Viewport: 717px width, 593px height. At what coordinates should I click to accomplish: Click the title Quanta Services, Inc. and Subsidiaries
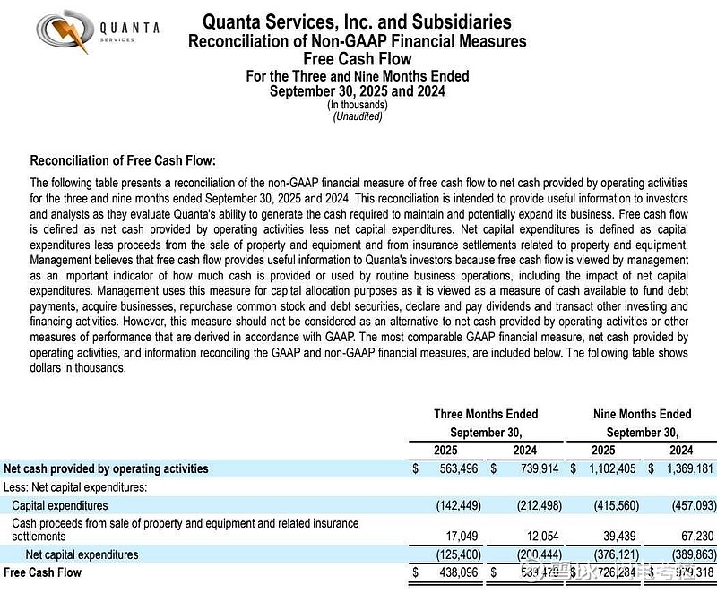357,21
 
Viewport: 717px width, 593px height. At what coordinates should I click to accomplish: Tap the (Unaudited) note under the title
358,116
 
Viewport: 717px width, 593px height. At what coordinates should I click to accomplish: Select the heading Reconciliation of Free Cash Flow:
123,161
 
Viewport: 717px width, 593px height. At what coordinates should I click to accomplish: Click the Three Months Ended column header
486,414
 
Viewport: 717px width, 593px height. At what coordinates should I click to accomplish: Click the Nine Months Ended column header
643,414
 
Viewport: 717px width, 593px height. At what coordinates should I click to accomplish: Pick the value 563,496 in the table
460,468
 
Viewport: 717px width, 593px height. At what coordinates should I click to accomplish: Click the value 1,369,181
687,468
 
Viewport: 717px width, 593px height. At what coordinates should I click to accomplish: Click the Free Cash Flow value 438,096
460,572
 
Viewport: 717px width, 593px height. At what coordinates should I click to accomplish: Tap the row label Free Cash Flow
42,572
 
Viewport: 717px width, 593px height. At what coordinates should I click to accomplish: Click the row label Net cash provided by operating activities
106,468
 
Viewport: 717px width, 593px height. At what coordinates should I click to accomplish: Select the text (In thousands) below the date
358,105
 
